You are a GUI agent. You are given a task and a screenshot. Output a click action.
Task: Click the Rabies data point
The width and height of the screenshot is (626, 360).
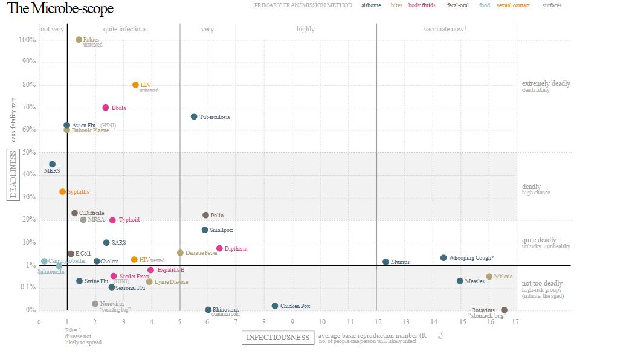point(79,40)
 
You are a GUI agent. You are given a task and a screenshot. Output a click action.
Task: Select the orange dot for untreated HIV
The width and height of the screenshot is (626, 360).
point(135,85)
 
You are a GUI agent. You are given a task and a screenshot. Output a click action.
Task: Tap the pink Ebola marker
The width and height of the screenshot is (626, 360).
point(106,108)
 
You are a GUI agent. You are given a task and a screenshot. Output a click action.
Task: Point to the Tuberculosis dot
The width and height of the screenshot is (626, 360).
point(194,117)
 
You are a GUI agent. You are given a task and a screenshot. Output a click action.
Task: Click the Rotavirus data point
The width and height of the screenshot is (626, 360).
point(505,310)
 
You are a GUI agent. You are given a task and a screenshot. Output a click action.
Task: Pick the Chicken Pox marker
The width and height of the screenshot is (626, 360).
point(275,306)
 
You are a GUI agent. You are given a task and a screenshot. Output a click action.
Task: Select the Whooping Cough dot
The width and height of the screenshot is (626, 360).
point(444,258)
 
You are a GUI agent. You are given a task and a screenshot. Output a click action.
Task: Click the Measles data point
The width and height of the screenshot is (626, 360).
point(460,281)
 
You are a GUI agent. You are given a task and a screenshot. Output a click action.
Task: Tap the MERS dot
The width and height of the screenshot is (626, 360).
point(52,164)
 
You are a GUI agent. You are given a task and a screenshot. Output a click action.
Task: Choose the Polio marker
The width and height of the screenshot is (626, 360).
point(205,215)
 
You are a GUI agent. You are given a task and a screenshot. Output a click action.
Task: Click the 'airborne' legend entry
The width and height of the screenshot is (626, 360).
point(371,5)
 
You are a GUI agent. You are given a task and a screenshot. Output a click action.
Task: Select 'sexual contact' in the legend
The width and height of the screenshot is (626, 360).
point(513,5)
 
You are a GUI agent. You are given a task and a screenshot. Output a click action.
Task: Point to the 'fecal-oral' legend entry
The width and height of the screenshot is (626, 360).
point(458,5)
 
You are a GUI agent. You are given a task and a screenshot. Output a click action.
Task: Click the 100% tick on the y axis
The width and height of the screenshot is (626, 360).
point(28,40)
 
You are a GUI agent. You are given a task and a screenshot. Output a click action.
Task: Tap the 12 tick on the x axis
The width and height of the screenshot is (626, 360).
point(376,322)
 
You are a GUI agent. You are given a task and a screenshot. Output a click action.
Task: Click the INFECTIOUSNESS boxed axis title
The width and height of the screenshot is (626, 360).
point(278,338)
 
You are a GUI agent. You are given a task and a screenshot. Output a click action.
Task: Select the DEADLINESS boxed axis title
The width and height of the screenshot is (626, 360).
point(13,174)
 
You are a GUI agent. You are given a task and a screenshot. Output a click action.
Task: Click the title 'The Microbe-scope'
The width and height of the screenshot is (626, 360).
point(60,9)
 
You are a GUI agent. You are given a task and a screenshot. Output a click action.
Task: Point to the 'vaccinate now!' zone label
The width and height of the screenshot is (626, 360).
point(445,29)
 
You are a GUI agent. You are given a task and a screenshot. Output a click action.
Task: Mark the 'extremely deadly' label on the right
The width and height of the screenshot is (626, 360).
point(546,83)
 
